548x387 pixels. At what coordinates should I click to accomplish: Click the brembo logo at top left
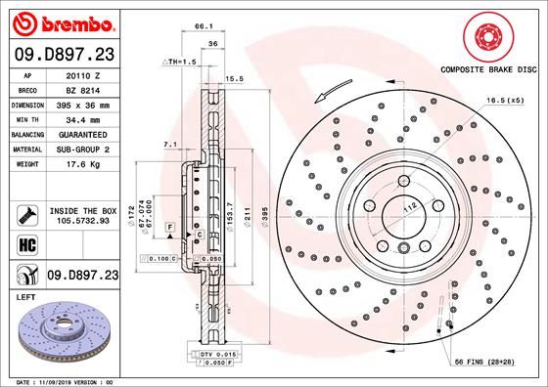(x=62, y=21)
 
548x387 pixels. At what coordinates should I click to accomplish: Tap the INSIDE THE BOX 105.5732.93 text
(x=82, y=216)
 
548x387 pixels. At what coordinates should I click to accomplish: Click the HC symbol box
(x=26, y=243)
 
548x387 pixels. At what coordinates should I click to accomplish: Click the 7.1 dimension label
(x=168, y=145)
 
